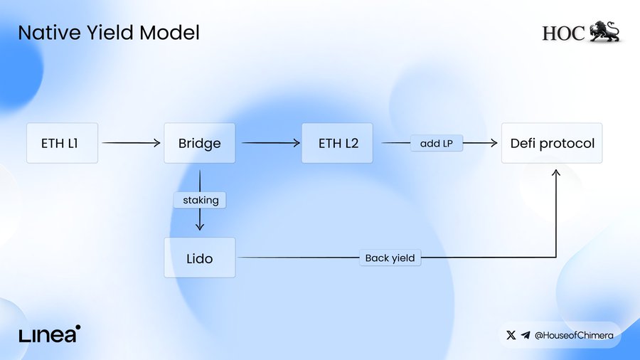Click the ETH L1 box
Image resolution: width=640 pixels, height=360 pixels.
point(61,143)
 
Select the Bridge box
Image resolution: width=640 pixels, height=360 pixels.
point(199,143)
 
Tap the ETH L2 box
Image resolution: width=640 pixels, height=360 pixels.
point(338,143)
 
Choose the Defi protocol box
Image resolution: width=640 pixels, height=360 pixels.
point(553,143)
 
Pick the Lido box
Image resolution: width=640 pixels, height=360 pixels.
point(199,258)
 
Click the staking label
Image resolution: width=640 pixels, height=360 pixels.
point(200,200)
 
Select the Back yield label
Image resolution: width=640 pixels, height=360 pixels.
point(390,258)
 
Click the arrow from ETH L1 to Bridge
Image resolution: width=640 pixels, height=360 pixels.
point(131,143)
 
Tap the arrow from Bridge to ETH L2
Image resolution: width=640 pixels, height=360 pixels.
point(270,143)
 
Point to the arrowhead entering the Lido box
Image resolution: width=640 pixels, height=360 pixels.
point(200,227)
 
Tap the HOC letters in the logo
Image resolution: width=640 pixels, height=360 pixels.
point(563,33)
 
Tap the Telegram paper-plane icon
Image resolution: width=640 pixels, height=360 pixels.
point(526,334)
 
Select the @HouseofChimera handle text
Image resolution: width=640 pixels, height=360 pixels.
point(573,334)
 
